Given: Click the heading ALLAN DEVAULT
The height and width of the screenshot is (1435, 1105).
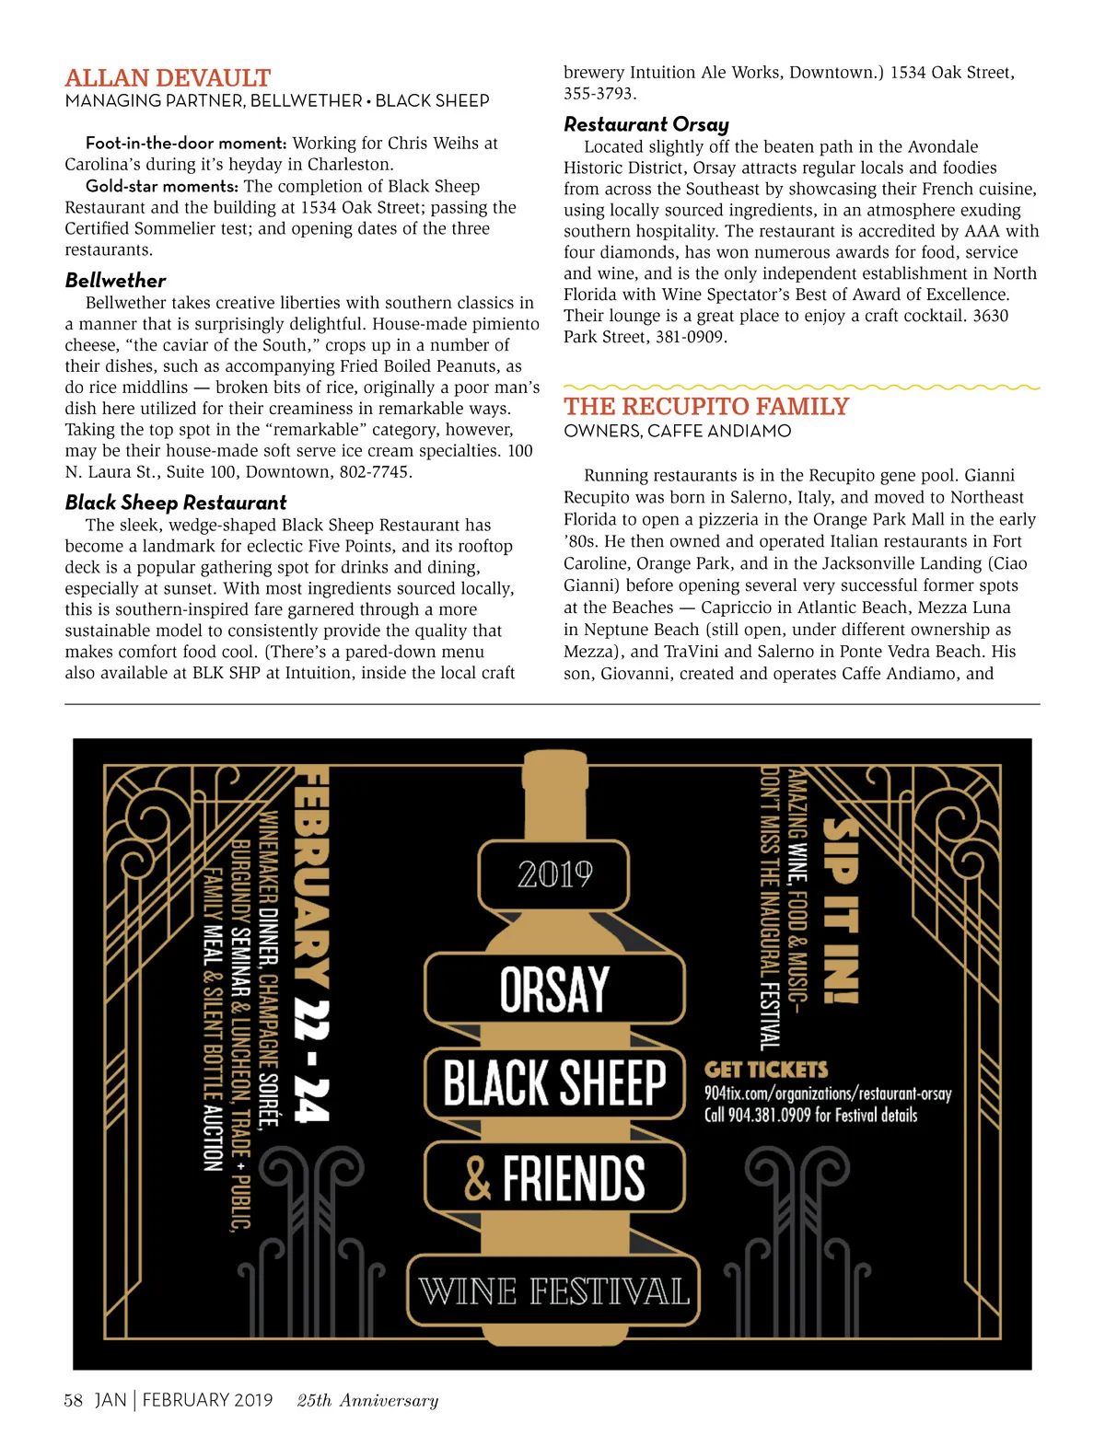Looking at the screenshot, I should tap(168, 78).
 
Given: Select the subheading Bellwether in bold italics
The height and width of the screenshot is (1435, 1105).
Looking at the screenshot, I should tap(115, 281).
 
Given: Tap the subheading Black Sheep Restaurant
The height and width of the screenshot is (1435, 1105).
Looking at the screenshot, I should tap(176, 503).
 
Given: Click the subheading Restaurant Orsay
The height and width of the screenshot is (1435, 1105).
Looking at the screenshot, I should tap(646, 124).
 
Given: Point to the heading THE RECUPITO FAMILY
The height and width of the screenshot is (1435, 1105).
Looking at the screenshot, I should tap(706, 407).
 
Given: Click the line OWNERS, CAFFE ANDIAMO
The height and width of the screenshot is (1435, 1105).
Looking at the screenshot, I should tap(677, 431).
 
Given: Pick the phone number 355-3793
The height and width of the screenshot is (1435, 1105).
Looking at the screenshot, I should tap(599, 94).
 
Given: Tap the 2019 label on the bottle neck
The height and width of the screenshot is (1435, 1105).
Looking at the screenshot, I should tap(554, 874).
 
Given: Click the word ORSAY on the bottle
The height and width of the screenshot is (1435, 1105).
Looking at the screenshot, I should tap(554, 989).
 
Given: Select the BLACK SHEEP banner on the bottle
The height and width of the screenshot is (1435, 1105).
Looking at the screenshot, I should tap(554, 1082).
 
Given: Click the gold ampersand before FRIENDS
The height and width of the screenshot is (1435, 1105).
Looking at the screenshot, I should tap(477, 1179).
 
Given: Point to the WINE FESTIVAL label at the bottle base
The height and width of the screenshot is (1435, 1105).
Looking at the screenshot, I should tap(554, 1291).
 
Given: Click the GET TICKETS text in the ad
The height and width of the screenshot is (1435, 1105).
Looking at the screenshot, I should tap(766, 1070).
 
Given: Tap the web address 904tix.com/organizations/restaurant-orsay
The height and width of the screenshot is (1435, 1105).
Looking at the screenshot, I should tap(827, 1094).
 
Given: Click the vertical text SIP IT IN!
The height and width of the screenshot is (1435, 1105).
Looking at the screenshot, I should tap(840, 911).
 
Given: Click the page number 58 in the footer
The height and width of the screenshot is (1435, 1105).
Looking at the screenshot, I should tap(73, 1401).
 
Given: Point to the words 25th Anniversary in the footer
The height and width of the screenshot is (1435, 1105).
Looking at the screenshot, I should tap(367, 1401).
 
